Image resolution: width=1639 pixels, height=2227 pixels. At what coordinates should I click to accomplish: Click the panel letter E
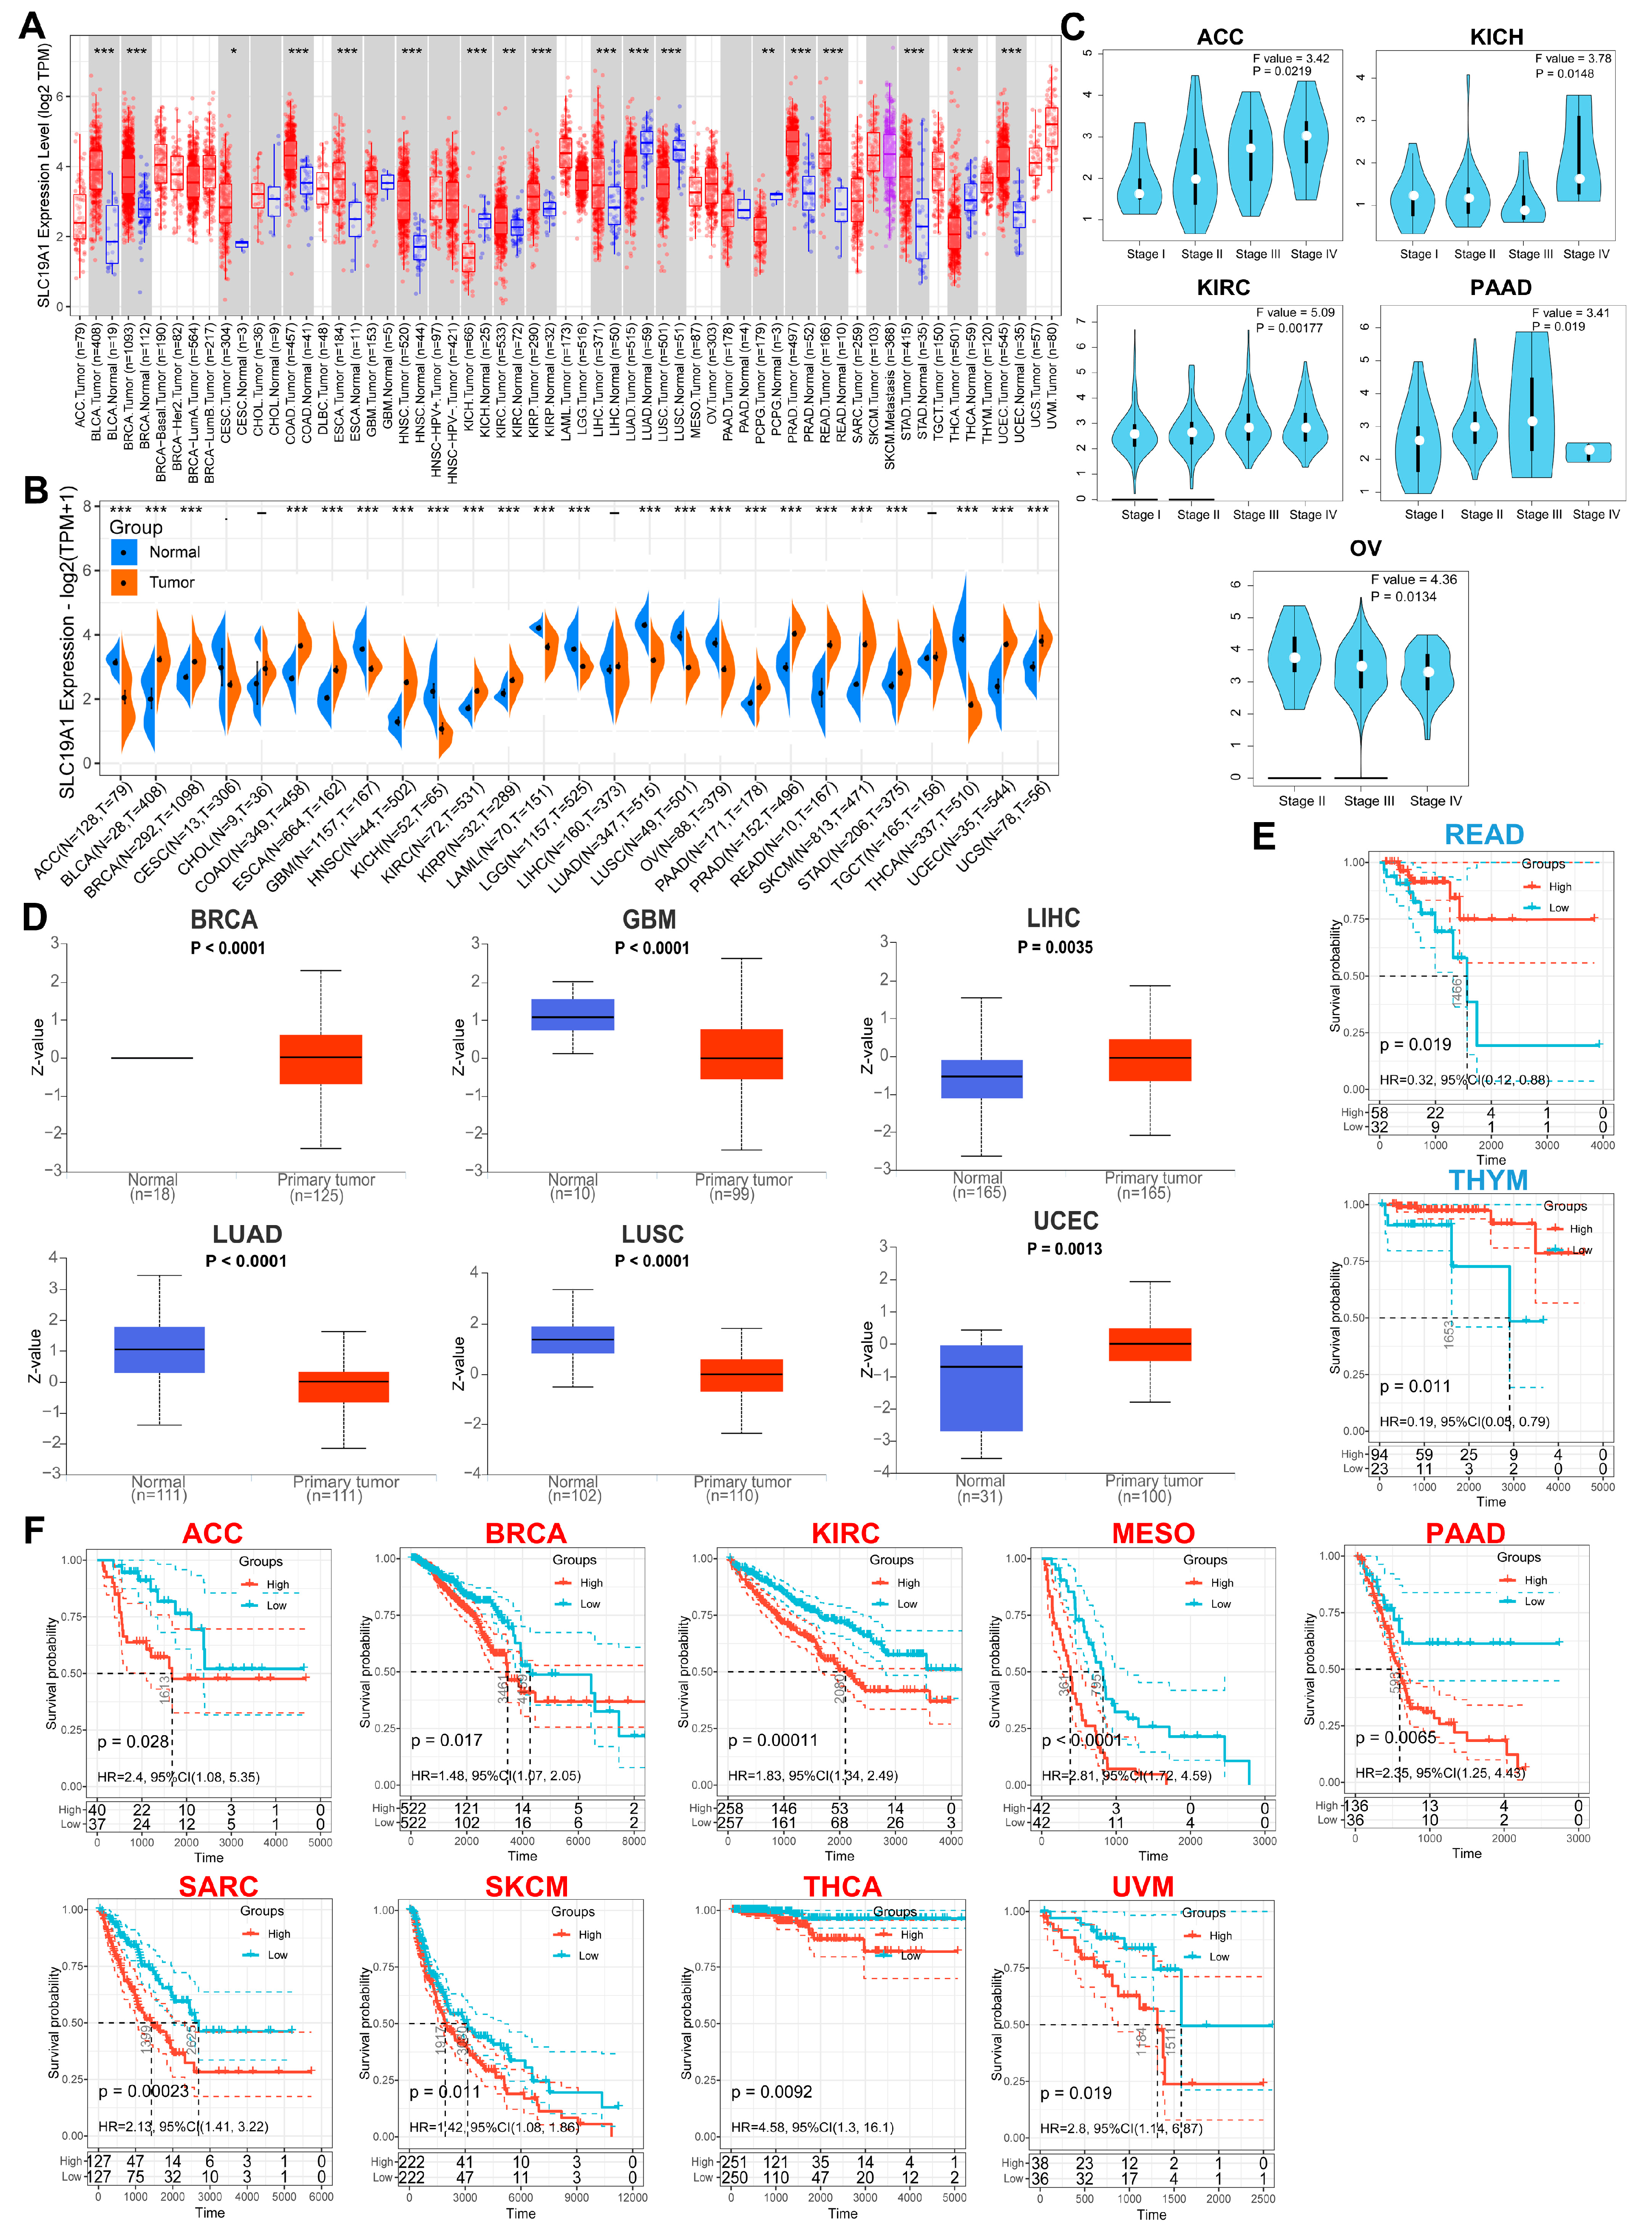[1263, 836]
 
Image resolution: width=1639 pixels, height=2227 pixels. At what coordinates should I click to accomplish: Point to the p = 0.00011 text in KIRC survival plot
[773, 1740]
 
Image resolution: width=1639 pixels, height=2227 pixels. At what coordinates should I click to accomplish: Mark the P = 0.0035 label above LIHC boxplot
[1055, 948]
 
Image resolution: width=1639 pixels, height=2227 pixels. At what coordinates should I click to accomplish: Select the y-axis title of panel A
[44, 173]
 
